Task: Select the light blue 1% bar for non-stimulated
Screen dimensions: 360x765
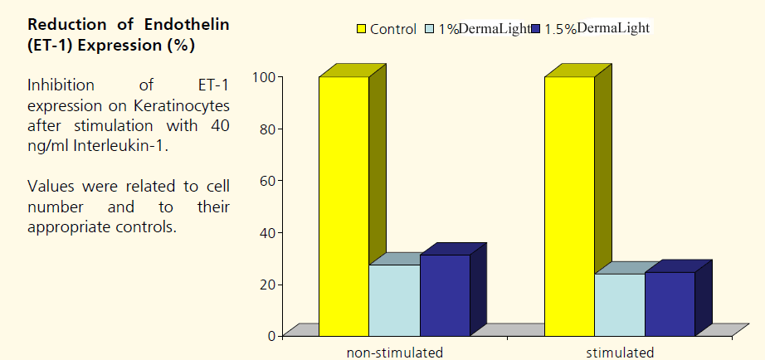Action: click(394, 299)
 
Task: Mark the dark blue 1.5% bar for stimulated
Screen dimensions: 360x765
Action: click(670, 303)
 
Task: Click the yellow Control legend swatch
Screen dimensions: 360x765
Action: click(362, 30)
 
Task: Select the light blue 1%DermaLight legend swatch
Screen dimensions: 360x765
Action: click(430, 30)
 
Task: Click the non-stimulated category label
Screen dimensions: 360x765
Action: click(394, 353)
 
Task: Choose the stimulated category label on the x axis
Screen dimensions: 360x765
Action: click(620, 353)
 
